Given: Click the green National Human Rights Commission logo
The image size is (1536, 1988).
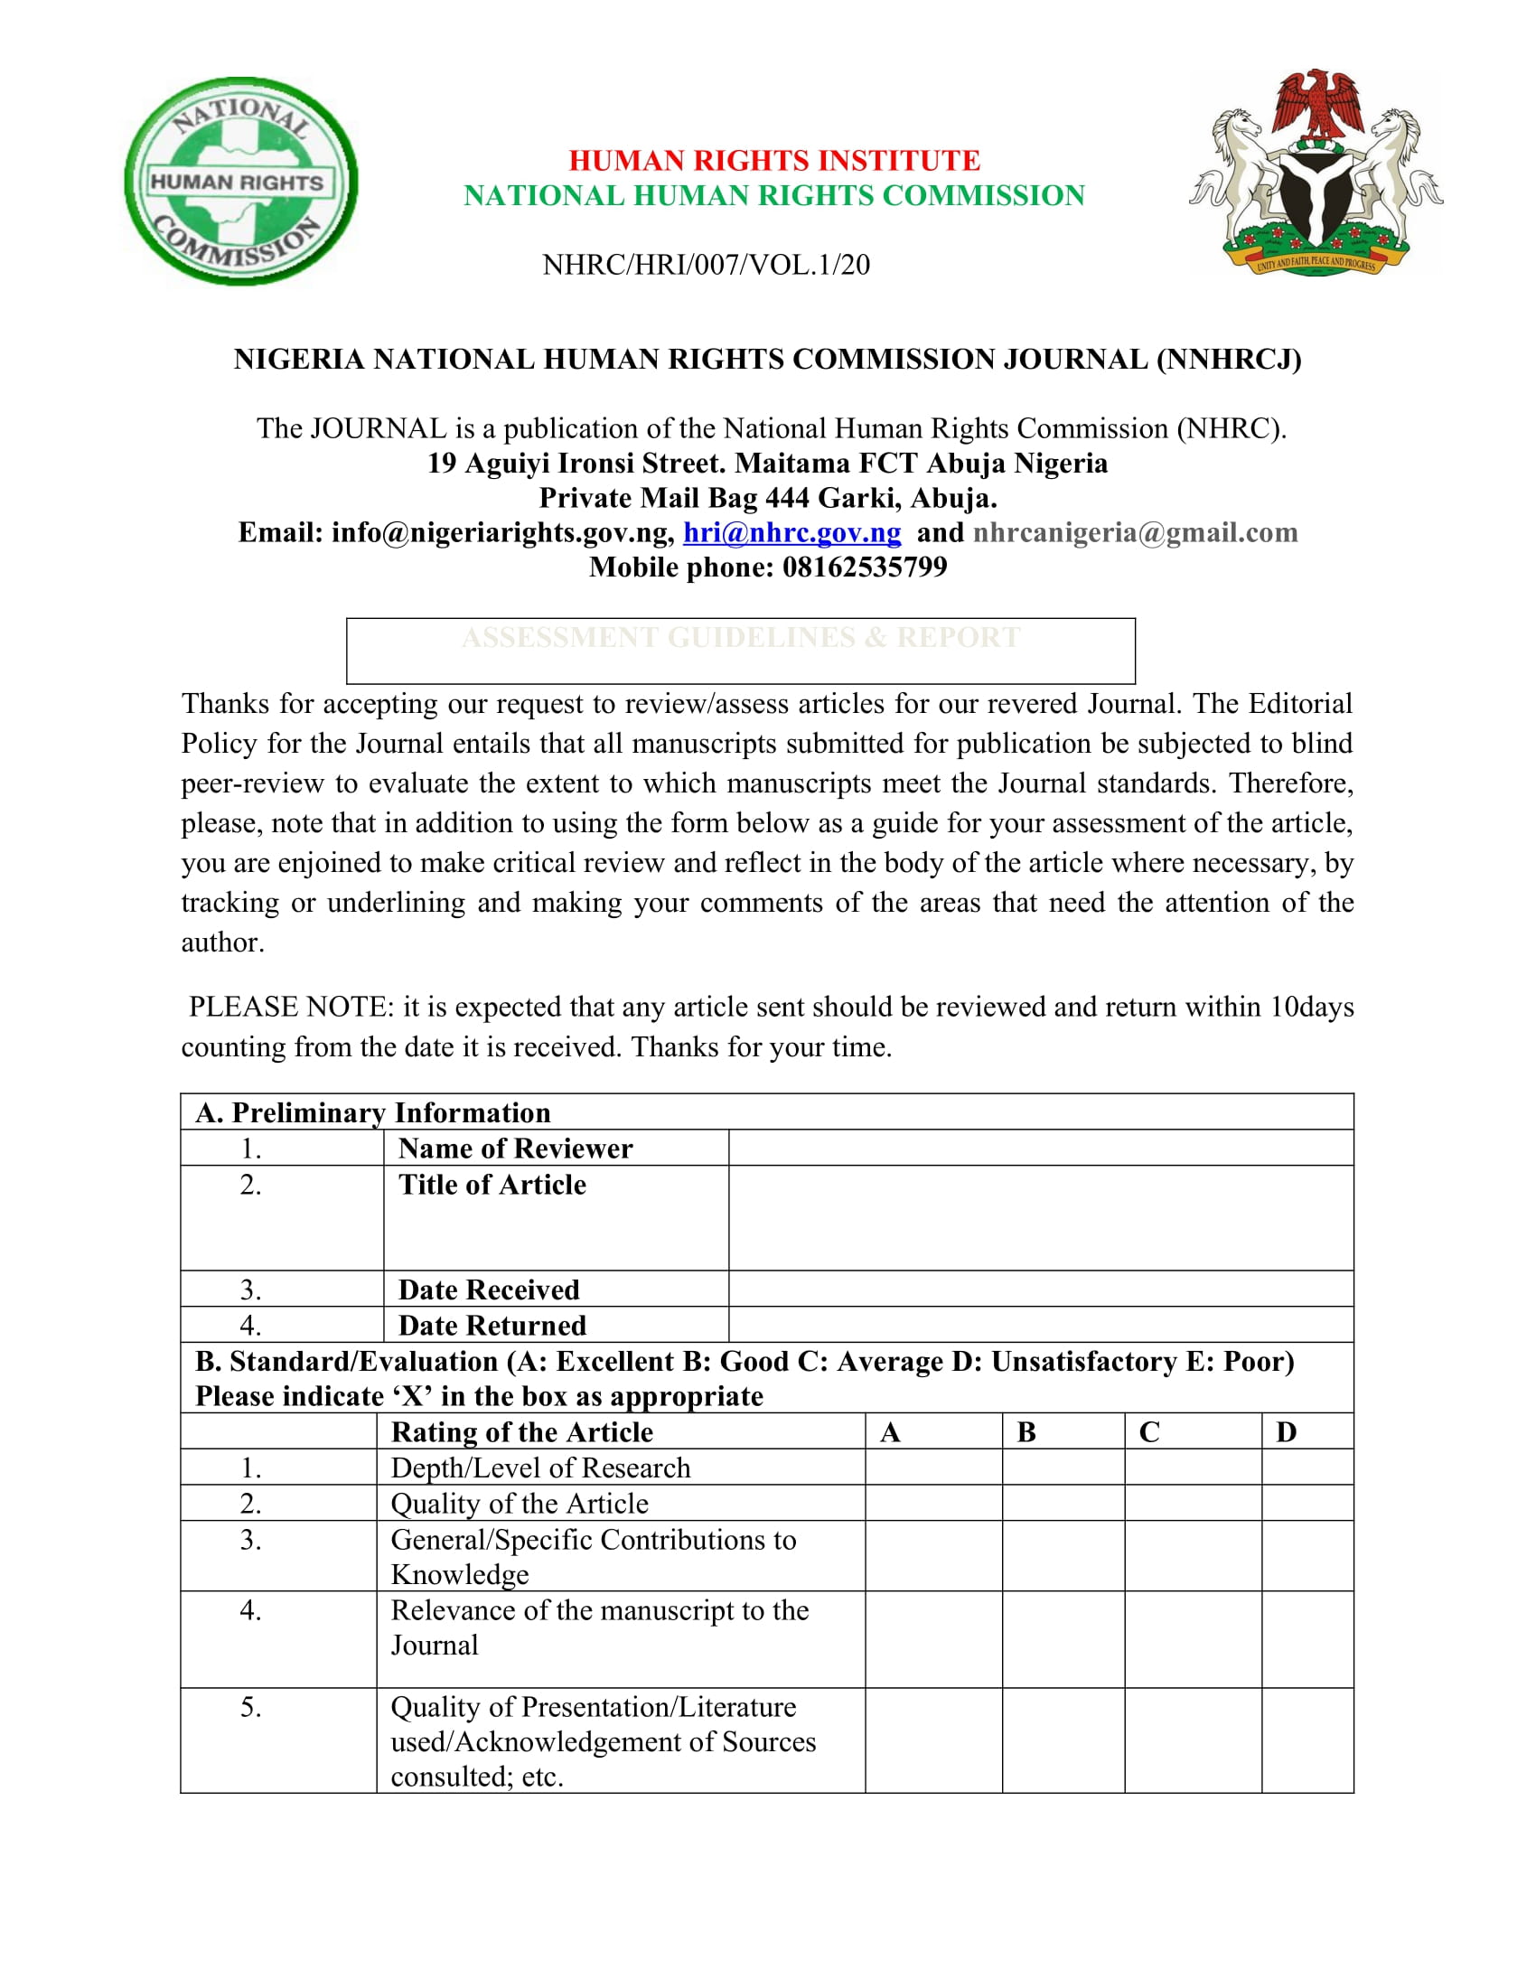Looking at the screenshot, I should point(240,181).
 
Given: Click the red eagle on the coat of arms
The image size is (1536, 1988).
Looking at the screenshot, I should point(1316,105).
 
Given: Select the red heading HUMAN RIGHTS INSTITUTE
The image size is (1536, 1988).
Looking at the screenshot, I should point(774,160).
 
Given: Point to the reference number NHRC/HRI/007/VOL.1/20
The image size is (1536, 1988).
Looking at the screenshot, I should point(707,265).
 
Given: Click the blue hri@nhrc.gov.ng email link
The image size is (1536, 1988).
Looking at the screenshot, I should point(791,532).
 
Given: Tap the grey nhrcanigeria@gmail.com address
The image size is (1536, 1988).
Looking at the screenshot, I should point(1135,532).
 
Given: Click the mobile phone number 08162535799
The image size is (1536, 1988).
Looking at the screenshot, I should point(865,567).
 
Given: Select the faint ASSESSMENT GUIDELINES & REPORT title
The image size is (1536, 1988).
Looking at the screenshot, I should point(741,637).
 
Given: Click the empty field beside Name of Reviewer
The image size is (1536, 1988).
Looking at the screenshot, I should point(1040,1148).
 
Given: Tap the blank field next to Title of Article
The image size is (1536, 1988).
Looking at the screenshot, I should point(1040,1218).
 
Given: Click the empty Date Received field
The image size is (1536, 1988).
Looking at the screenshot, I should point(1040,1289).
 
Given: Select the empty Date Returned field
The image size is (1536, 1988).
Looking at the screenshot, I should point(1040,1325).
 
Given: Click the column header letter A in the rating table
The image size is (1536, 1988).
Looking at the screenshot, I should point(890,1433).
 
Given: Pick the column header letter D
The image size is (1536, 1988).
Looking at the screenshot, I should point(1286,1433).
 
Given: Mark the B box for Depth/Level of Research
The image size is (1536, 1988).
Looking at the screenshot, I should point(1063,1468).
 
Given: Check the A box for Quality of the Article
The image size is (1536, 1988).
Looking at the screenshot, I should point(932,1503).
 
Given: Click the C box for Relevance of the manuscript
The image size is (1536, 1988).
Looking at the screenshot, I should point(1192,1639).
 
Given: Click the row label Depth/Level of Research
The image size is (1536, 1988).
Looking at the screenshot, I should point(540,1468).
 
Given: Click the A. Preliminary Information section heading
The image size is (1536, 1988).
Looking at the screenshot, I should point(373,1112).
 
